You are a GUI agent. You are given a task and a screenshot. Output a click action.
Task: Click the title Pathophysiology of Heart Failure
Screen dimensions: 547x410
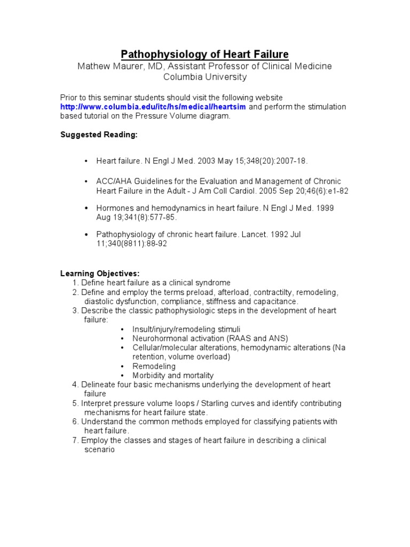pos(204,54)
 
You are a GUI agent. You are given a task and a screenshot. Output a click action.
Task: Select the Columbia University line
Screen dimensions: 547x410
pos(204,77)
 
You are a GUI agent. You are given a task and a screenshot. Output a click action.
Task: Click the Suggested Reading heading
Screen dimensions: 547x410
pos(99,135)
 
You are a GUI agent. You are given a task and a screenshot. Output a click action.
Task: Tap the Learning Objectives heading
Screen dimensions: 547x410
pos(100,273)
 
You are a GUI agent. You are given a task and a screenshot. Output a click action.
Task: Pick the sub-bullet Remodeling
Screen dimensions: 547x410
pos(154,366)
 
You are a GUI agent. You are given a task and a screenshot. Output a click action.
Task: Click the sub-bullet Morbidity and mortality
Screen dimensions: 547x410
pos(173,376)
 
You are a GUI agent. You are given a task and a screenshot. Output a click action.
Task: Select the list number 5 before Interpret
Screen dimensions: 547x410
pos(75,403)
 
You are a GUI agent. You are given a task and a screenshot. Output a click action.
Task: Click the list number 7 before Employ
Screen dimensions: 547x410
pos(75,440)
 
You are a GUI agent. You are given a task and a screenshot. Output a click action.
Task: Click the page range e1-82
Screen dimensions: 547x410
pos(338,191)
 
